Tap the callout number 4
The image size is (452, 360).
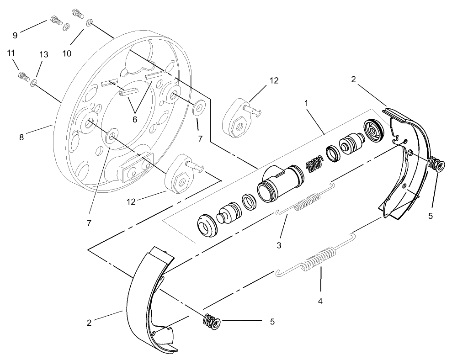(x=320, y=302)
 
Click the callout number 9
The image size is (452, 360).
(x=15, y=35)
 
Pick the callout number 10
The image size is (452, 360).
(x=67, y=53)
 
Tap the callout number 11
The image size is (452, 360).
(x=11, y=53)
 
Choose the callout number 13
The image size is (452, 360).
(x=43, y=54)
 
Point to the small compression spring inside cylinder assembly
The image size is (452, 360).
(x=314, y=164)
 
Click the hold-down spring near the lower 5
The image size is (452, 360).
(x=212, y=322)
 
